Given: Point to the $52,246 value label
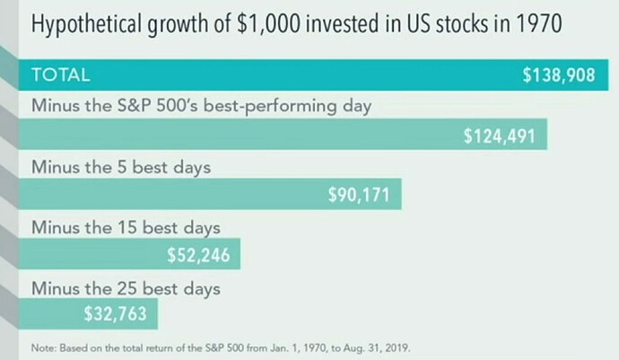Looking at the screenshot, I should point(198,256).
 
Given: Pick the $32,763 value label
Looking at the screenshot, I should point(115,314).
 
